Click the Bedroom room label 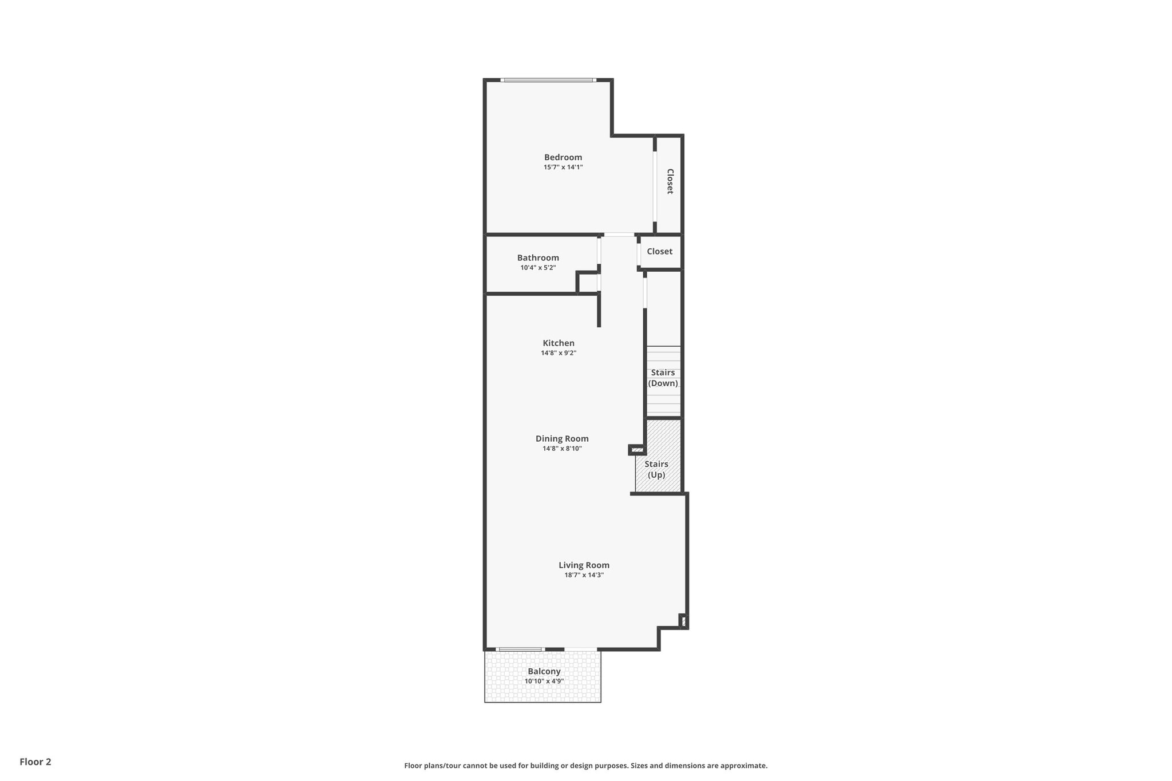(x=563, y=157)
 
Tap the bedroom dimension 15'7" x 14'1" (x=563, y=168)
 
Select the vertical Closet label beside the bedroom (x=670, y=181)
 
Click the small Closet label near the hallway (x=659, y=252)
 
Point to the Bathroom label (x=538, y=258)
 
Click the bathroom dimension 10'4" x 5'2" (x=538, y=268)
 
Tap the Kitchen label (x=559, y=343)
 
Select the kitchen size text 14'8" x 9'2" (x=559, y=353)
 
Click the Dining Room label (x=562, y=439)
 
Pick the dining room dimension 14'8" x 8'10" (x=562, y=449)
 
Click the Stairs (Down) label (x=663, y=378)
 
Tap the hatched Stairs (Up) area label (x=656, y=469)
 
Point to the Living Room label (x=584, y=565)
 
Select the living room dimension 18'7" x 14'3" (x=584, y=575)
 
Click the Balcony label (x=544, y=672)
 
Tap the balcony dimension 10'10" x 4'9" (x=544, y=681)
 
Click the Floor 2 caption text (x=35, y=762)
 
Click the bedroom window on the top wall (x=548, y=80)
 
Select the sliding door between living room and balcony (x=520, y=649)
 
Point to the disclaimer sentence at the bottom (x=585, y=766)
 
